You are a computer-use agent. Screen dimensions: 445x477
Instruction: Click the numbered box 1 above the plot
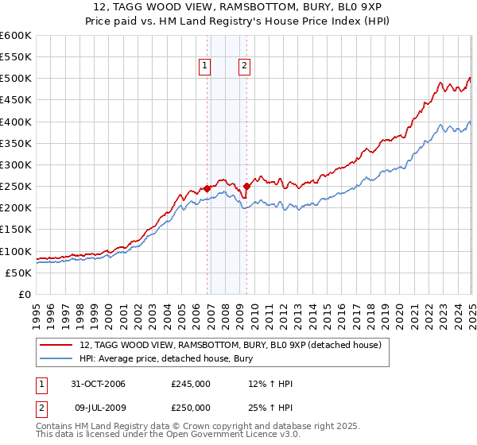click(x=205, y=66)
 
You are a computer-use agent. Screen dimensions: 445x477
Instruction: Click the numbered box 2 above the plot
click(x=244, y=66)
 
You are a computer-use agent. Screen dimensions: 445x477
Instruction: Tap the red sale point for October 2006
click(x=207, y=189)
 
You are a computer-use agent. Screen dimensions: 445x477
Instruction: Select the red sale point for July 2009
click(x=246, y=187)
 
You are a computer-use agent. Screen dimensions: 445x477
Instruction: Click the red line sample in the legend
click(x=56, y=345)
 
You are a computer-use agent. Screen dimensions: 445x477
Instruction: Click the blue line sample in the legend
click(x=56, y=358)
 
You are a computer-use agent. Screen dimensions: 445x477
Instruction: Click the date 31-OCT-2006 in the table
click(x=99, y=384)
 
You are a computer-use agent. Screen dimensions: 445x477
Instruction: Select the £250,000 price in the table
click(x=191, y=408)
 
